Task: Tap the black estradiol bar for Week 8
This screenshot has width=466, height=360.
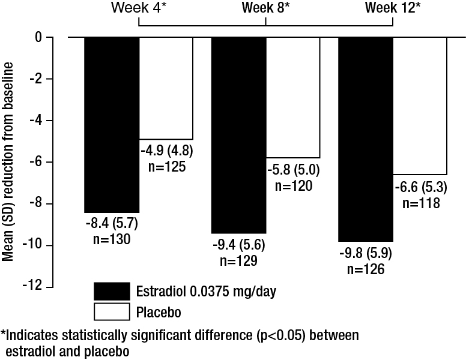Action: [x=238, y=135]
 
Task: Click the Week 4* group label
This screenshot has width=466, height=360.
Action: [x=138, y=8]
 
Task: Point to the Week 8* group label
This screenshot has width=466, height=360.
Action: [x=265, y=8]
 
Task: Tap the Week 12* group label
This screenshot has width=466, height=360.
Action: [x=393, y=8]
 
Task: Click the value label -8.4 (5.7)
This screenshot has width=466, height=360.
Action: [x=112, y=226]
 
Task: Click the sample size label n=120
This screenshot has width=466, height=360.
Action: [x=294, y=186]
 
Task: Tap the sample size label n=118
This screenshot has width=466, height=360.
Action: [x=420, y=203]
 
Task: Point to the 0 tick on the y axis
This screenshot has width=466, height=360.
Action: [x=39, y=37]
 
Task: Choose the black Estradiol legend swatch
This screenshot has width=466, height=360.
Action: [x=112, y=291]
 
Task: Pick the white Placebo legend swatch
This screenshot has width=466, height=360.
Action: [x=112, y=312]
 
